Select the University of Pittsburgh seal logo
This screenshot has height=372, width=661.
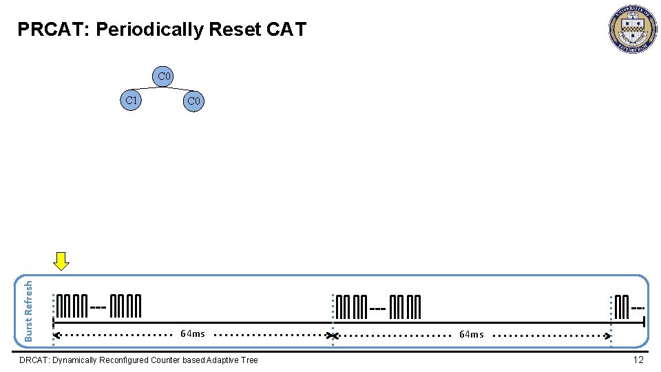pyautogui.click(x=632, y=29)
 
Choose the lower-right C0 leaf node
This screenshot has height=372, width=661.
pyautogui.click(x=193, y=101)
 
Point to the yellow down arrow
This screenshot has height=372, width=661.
pyautogui.click(x=62, y=261)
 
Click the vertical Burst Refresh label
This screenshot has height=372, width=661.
pyautogui.click(x=29, y=309)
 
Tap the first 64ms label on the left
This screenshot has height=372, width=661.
pyautogui.click(x=193, y=334)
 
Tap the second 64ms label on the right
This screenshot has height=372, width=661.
pyautogui.click(x=472, y=335)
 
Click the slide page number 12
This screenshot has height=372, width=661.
pyautogui.click(x=638, y=360)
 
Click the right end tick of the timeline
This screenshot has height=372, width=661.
pyautogui.click(x=643, y=322)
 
